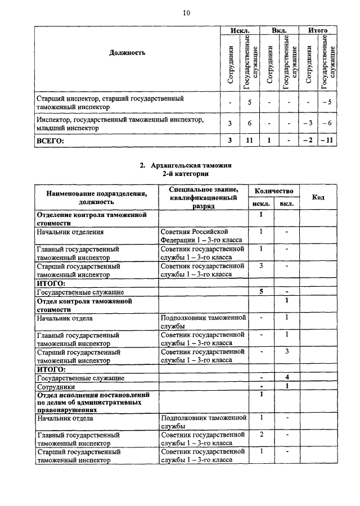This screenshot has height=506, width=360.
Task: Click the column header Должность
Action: click(x=127, y=53)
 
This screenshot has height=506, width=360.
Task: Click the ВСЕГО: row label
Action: click(x=50, y=141)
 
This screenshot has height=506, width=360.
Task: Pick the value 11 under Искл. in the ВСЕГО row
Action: click(x=249, y=141)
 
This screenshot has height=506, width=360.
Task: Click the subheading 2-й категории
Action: click(x=186, y=174)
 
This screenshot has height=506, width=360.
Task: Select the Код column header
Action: click(x=318, y=197)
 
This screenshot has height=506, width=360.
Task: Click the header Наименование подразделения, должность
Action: click(x=97, y=197)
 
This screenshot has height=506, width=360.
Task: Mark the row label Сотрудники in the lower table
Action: click(x=56, y=387)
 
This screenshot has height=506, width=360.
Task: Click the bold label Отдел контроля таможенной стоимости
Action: click(x=84, y=305)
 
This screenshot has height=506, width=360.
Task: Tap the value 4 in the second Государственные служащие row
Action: click(x=286, y=378)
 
